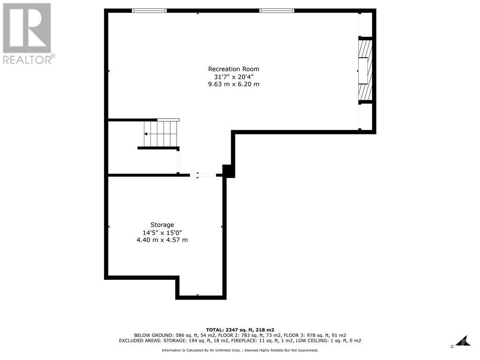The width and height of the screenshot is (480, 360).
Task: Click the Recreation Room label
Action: [233, 69]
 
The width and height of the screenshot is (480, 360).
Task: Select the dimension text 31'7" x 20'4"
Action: [233, 76]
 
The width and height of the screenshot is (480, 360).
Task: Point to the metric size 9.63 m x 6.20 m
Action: [233, 84]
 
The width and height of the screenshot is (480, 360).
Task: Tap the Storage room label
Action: [162, 225]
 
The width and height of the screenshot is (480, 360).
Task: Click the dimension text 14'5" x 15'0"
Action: [162, 232]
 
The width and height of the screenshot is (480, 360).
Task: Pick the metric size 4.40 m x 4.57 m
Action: [162, 240]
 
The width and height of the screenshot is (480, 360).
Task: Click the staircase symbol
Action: [161, 134]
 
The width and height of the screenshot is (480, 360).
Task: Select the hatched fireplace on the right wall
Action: [365, 70]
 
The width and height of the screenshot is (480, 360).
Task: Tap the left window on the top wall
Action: [149, 10]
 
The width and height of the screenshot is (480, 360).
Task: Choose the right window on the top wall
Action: [277, 10]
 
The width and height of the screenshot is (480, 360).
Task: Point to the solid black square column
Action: [228, 171]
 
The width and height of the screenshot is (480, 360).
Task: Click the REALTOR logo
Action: [27, 33]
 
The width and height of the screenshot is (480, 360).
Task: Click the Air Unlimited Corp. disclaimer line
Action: [240, 350]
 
